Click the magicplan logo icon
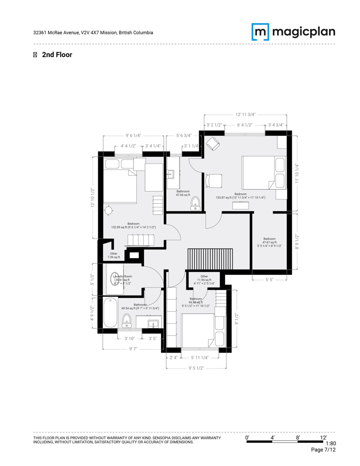click(x=260, y=32)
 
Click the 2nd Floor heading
click(x=57, y=55)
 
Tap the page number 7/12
click(x=323, y=450)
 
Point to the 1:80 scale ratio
click(x=330, y=443)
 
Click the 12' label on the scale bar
click(x=323, y=437)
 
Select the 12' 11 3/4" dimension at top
click(x=245, y=115)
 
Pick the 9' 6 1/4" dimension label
click(x=133, y=136)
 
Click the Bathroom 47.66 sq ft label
click(x=183, y=193)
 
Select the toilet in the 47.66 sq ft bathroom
click(x=195, y=203)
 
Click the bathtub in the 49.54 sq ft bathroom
click(x=110, y=312)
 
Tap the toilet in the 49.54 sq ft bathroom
click(x=127, y=321)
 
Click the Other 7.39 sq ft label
click(x=113, y=255)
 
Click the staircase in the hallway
click(x=211, y=259)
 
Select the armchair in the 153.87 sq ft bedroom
click(x=212, y=144)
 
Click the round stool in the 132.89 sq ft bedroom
click(x=109, y=210)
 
